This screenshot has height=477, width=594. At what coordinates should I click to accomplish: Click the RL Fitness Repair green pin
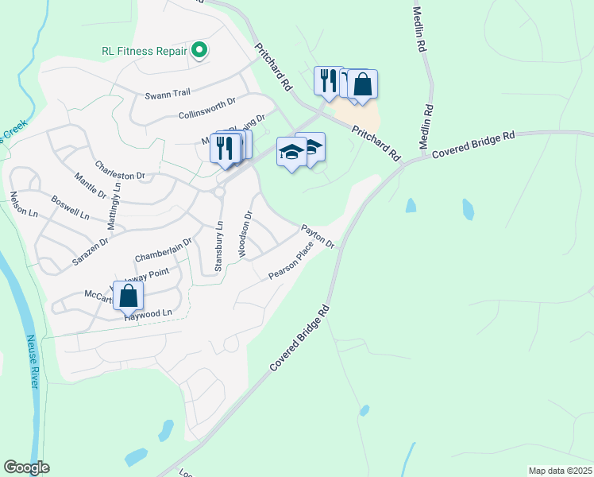point(199,51)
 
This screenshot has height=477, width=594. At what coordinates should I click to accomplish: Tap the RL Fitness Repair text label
point(143,50)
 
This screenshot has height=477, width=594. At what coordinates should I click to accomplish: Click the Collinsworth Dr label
point(207,108)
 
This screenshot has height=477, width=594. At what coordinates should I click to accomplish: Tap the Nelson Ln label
point(23,205)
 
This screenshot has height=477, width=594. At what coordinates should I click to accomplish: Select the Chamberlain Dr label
point(164,250)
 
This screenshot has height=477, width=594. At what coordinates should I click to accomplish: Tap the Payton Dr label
point(317,235)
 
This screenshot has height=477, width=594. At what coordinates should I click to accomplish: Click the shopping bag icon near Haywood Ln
point(128,297)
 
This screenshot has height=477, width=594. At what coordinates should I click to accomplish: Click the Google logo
point(27,467)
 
